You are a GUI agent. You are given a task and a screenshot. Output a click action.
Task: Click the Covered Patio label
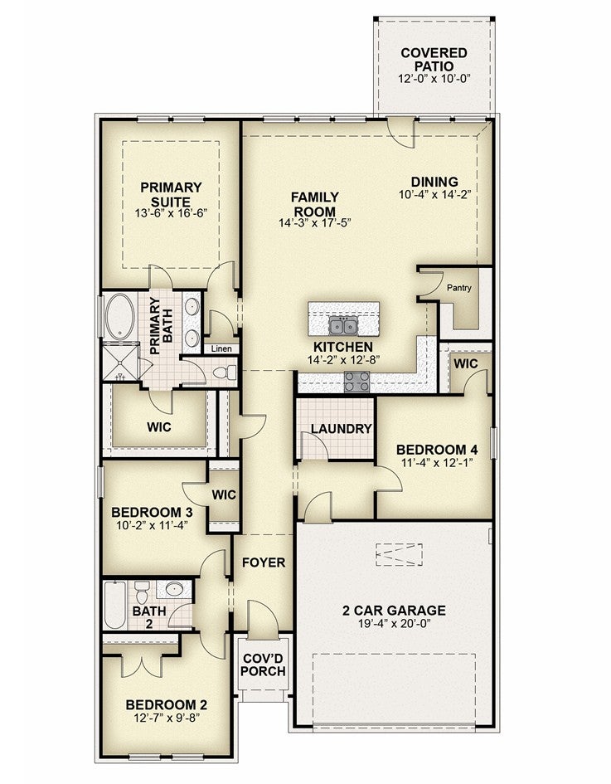(434, 60)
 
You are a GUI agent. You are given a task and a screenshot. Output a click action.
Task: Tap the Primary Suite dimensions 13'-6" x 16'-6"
(171, 213)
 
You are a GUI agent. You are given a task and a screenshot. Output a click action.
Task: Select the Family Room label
(315, 204)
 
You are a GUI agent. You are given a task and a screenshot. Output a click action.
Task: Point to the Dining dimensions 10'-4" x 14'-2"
(434, 194)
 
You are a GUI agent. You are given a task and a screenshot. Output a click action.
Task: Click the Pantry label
(458, 288)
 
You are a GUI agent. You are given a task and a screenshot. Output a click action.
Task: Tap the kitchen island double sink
(343, 325)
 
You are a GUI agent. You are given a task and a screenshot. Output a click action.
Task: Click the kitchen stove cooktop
(357, 382)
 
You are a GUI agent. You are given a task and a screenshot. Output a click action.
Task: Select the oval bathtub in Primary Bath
(120, 316)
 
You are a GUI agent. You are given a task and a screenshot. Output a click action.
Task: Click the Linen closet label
(221, 348)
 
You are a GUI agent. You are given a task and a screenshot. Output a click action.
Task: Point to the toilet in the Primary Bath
(225, 372)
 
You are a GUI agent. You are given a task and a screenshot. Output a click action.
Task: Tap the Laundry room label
(342, 428)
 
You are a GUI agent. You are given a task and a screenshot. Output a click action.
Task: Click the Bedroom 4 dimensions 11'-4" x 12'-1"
(437, 462)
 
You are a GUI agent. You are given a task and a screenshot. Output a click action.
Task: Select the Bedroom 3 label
(152, 513)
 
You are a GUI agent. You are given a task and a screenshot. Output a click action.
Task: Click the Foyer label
(264, 562)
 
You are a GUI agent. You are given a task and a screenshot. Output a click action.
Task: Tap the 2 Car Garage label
(394, 611)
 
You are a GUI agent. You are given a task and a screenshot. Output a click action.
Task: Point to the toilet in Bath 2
(142, 592)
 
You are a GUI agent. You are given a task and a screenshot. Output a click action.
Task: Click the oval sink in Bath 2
(174, 589)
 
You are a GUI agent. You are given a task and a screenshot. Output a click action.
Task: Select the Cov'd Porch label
(263, 665)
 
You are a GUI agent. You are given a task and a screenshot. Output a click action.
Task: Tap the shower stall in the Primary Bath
(120, 361)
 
